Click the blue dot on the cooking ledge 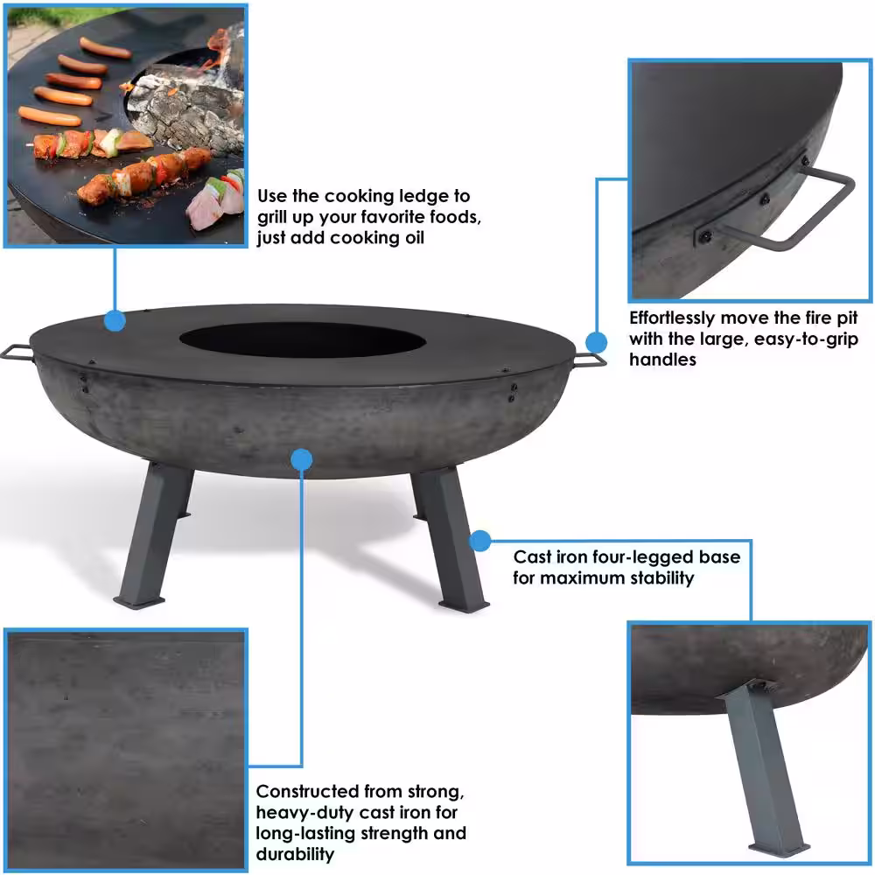[x=115, y=321]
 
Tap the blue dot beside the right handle [x=596, y=342]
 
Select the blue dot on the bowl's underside [x=302, y=460]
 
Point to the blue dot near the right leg [x=479, y=540]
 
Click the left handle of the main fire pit [x=16, y=353]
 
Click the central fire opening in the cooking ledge [x=303, y=339]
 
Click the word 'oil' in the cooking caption [x=412, y=238]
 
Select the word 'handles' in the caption [x=663, y=360]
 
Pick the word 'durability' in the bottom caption [x=295, y=854]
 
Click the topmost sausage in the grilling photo [x=106, y=48]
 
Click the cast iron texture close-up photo [x=125, y=750]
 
